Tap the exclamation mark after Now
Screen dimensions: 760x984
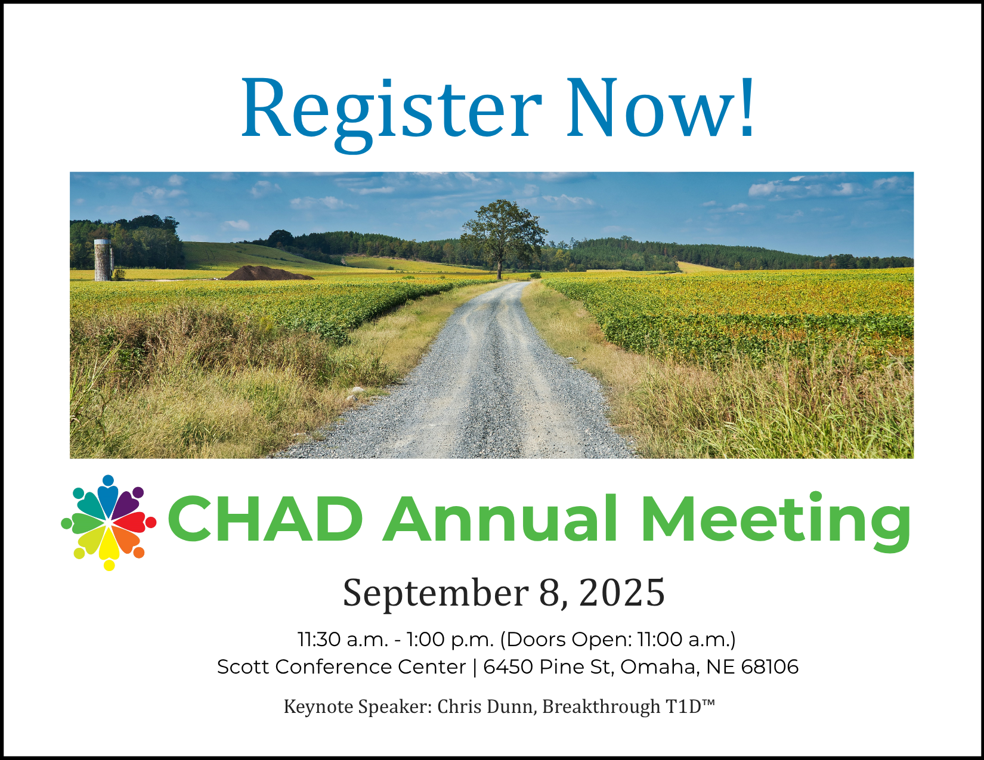click(x=747, y=107)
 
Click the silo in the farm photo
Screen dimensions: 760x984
click(x=103, y=260)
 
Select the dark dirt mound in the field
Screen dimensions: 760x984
click(x=268, y=274)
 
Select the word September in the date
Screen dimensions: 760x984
click(x=435, y=593)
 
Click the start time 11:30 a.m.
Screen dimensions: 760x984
click(x=343, y=640)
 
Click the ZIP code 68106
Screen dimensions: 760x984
click(x=769, y=667)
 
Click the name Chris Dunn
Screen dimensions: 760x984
click(x=488, y=707)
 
